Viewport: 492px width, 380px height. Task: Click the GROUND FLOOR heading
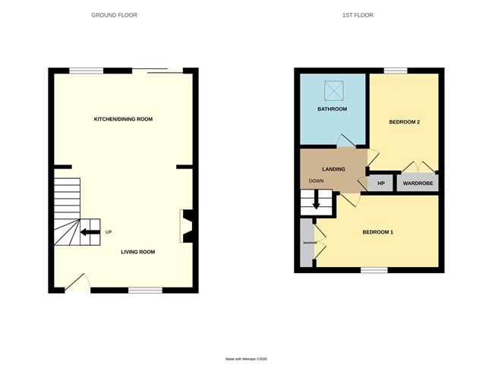[115, 14]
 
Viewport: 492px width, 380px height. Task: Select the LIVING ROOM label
[137, 252]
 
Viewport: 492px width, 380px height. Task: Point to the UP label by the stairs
[109, 232]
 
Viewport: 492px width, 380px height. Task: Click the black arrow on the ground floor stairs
[90, 232]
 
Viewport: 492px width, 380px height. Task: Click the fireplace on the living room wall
[187, 226]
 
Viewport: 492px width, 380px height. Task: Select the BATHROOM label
[332, 109]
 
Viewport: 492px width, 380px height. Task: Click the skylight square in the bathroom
[333, 90]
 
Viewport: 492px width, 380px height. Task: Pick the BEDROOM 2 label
[405, 121]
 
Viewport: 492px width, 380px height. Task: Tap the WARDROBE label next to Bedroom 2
[418, 183]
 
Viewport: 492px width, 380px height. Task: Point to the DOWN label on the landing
[317, 181]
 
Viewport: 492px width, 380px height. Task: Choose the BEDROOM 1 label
[377, 231]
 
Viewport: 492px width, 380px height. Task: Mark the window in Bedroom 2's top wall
[395, 71]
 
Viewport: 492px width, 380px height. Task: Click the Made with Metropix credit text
[246, 359]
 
